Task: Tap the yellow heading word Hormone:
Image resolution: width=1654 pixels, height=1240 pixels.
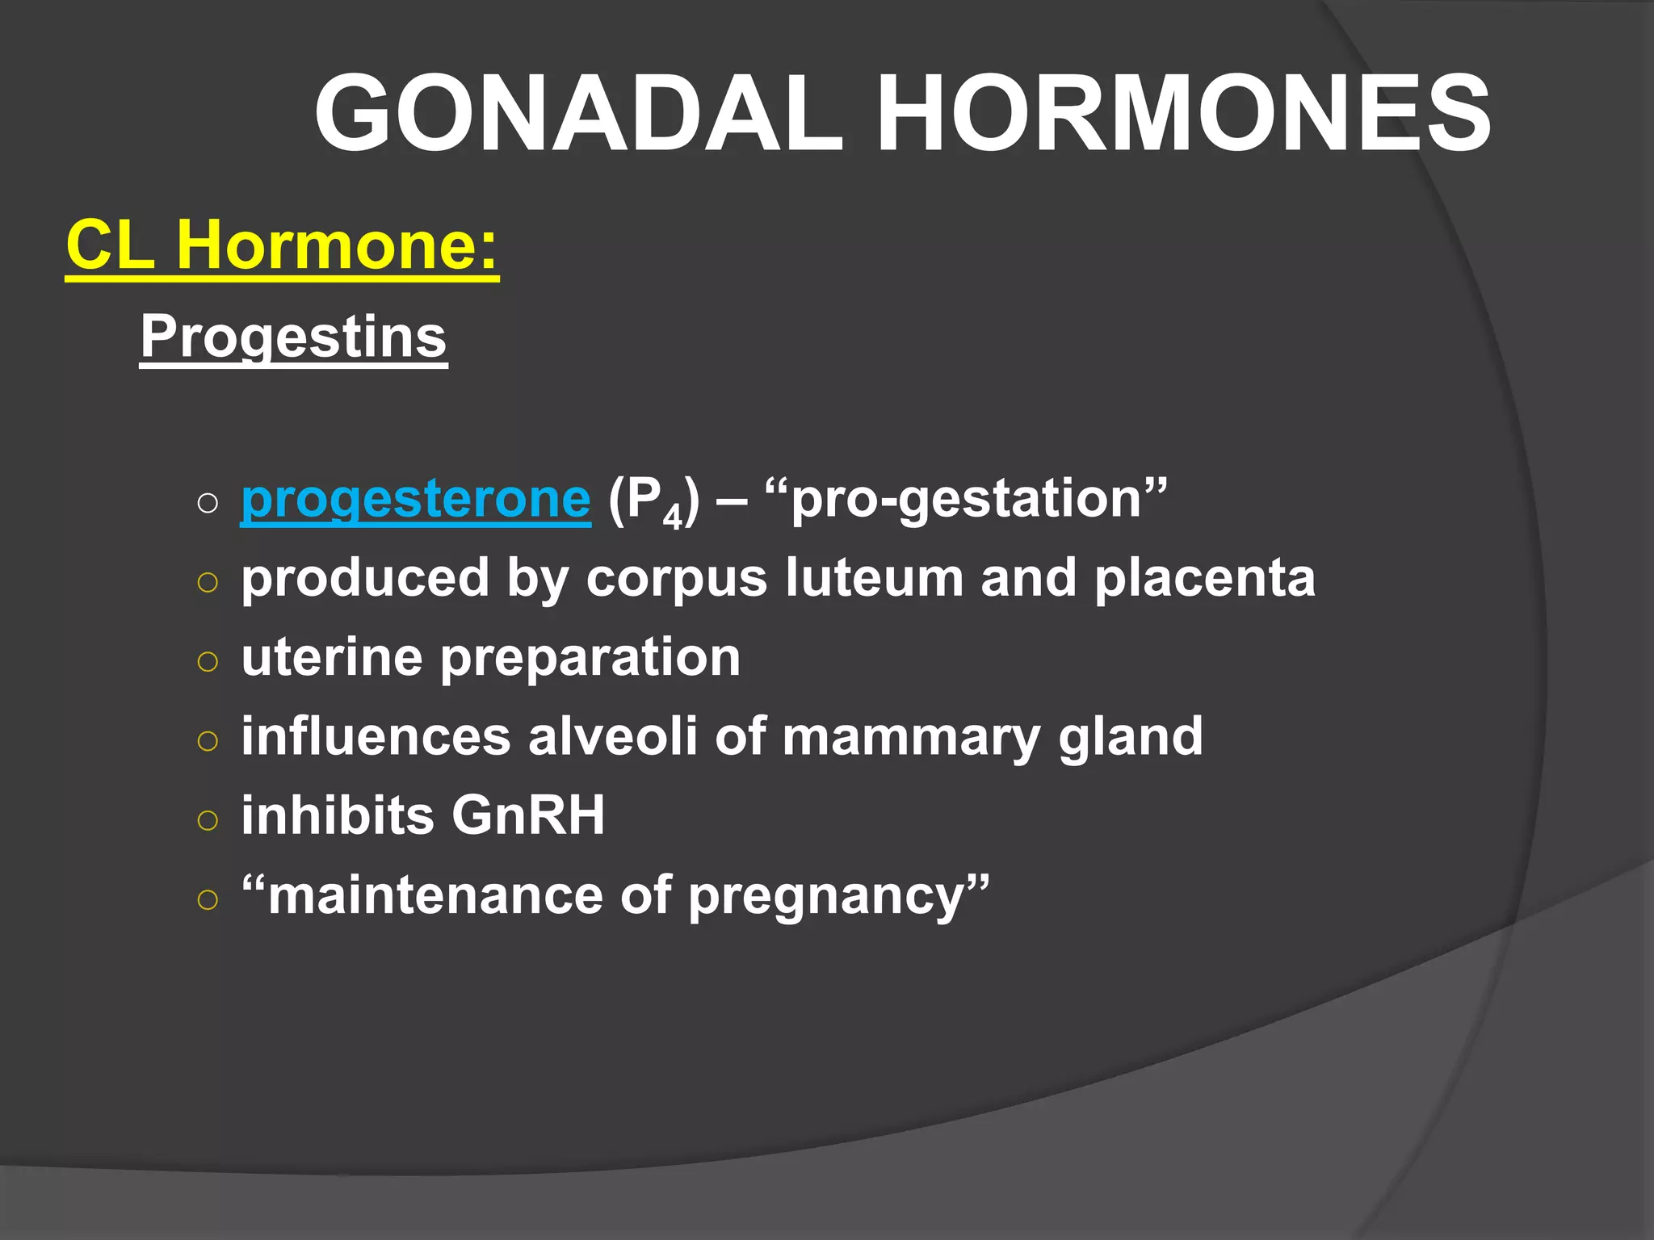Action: click(338, 245)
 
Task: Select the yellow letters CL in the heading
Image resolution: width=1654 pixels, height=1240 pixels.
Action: click(111, 245)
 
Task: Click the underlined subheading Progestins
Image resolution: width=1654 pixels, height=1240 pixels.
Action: click(293, 337)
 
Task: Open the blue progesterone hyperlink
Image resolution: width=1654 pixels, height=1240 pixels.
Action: click(415, 499)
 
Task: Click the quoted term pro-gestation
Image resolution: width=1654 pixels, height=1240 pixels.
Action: click(965, 499)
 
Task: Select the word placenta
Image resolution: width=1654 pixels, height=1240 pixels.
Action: click(1204, 578)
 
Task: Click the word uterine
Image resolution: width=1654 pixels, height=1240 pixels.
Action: click(331, 656)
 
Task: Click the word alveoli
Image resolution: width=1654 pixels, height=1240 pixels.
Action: click(612, 735)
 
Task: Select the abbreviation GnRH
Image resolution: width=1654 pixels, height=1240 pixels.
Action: click(528, 815)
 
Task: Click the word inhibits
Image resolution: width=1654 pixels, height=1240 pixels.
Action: click(338, 815)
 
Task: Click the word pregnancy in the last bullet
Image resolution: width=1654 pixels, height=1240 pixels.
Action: click(828, 897)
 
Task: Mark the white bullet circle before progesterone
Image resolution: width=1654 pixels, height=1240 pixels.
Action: click(208, 504)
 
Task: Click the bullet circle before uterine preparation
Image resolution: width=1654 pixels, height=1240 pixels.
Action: click(208, 661)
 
